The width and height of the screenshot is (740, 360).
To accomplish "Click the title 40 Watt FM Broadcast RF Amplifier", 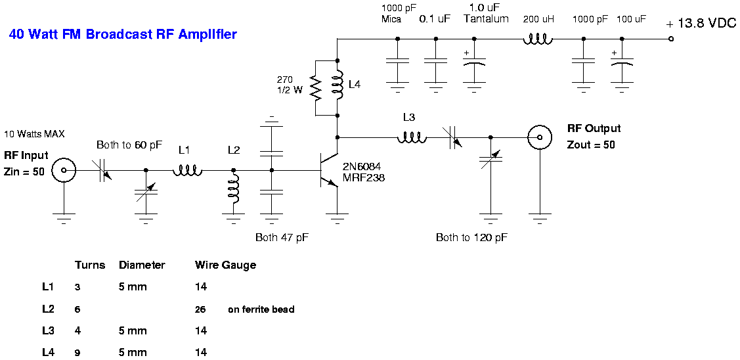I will coord(123,34).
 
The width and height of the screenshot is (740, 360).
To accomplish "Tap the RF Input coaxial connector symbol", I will coord(64,171).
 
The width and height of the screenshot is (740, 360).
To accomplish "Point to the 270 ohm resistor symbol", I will coord(316,87).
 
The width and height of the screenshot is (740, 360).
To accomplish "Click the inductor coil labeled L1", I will coord(187,171).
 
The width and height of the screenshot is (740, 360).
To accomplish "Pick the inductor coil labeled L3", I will coord(411,138).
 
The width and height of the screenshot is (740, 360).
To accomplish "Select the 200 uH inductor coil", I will coord(538,39).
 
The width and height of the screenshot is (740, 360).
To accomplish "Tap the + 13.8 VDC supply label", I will coord(701,24).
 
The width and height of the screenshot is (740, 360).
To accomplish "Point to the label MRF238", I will coord(363,177).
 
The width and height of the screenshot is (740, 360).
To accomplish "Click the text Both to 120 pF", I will coord(471,237).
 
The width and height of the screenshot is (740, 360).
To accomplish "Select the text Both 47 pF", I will coord(282,237).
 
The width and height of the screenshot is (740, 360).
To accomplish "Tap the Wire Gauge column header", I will coord(225,265).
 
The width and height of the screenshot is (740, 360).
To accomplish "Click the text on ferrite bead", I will coord(261,309).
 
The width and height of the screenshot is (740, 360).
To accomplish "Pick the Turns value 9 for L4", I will coord(77,353).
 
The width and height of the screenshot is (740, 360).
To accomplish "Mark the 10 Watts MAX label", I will coord(34,134).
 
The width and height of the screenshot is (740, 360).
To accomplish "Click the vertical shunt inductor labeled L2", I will coord(232,194).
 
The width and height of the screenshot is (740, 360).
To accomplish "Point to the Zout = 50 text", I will coord(591,145).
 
